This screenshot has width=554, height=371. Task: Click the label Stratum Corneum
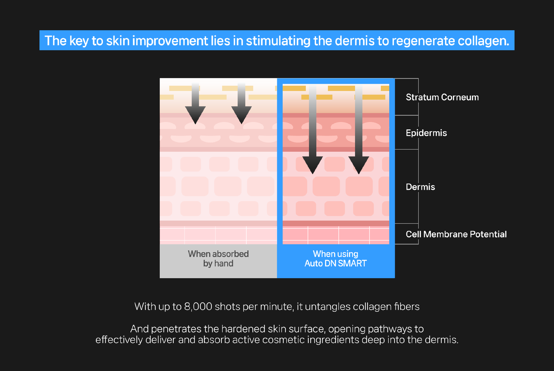[x=442, y=97]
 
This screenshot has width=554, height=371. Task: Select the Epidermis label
[x=426, y=133]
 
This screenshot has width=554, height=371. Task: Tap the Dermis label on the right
[x=420, y=187]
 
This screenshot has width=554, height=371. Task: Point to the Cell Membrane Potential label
[x=456, y=234]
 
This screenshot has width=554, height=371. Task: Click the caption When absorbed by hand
[x=218, y=259]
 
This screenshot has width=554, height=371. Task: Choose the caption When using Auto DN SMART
[x=336, y=259]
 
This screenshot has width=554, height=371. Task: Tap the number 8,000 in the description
[x=198, y=307]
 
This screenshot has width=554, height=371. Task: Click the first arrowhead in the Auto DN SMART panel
[x=312, y=165]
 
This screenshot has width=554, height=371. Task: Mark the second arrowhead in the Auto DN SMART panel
[x=359, y=165]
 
